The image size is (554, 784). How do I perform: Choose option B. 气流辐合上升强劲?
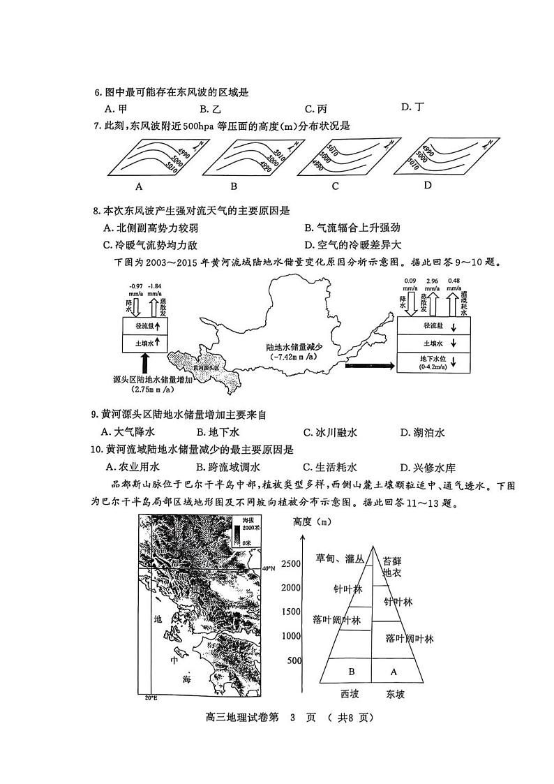coord(357,228)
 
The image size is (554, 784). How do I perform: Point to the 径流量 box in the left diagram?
coord(145,325)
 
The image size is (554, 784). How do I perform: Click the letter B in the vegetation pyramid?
coord(352,672)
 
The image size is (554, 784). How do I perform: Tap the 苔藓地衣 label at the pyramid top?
coord(394,566)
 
